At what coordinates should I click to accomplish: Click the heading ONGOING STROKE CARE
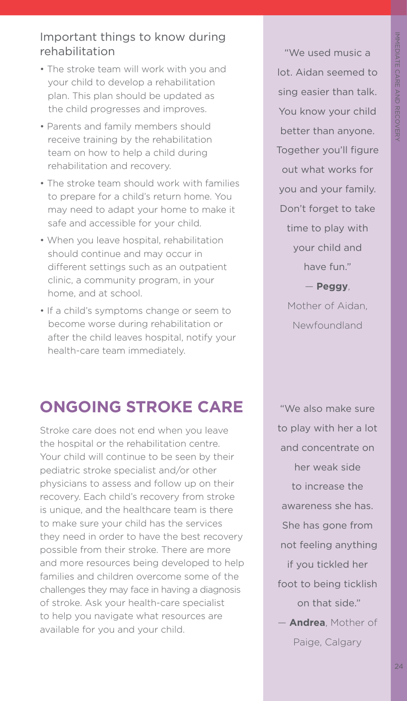click(x=141, y=407)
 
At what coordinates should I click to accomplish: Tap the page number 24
click(x=399, y=666)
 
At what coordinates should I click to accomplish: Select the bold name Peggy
click(x=332, y=287)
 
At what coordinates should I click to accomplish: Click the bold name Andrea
click(x=307, y=623)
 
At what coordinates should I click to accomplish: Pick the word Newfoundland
click(x=327, y=326)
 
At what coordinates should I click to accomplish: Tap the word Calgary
click(x=343, y=642)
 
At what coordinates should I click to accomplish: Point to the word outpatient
click(x=204, y=267)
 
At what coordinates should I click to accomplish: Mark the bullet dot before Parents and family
click(x=42, y=127)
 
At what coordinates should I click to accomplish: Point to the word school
click(x=128, y=294)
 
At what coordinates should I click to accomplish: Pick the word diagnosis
click(x=219, y=590)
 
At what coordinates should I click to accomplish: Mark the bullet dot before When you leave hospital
click(x=42, y=241)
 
